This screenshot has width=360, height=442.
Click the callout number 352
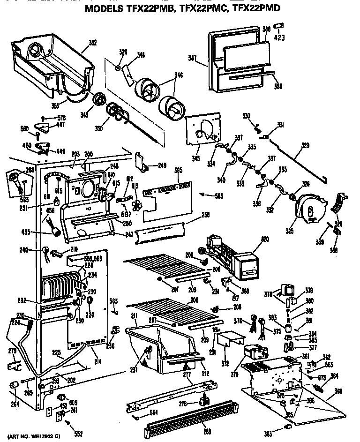pos(92,43)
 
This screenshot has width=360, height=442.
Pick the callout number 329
pos(305,146)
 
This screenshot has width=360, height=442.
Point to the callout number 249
pos(162,165)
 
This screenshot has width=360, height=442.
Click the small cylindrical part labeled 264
pos(14,385)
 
